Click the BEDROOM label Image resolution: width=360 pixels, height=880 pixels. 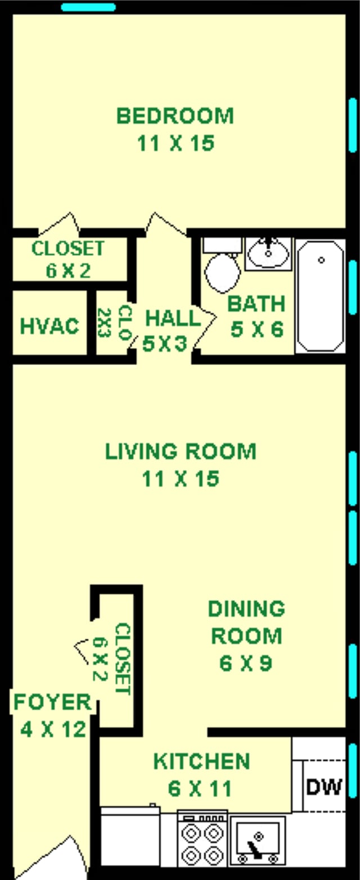tap(175, 116)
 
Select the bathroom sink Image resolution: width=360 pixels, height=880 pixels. tap(268, 254)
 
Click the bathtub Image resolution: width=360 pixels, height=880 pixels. tap(320, 295)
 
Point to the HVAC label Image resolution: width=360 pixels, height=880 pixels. tap(49, 326)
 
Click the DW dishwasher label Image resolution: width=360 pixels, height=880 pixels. tap(323, 787)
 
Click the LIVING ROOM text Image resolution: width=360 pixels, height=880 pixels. tap(181, 451)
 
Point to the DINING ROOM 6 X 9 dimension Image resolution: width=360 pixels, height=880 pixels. tap(246, 664)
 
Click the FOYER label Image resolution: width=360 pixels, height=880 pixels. tap(52, 702)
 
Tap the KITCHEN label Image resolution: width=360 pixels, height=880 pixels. tap(201, 761)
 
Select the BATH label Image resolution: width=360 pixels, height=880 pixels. tap(256, 304)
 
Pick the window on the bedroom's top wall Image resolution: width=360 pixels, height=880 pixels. tap(88, 7)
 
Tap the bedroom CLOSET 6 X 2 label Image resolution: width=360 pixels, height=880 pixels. tap(67, 259)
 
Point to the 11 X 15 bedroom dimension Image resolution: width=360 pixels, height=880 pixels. tap(175, 143)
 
